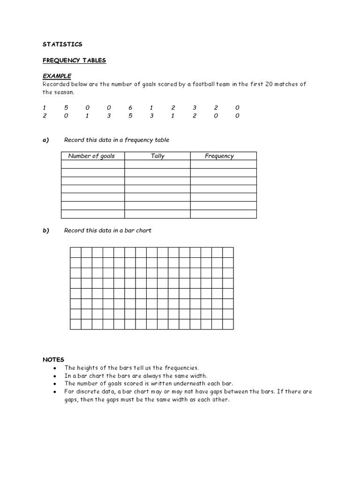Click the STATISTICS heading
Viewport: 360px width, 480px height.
pyautogui.click(x=62, y=44)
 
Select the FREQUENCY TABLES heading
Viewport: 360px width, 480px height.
pyautogui.click(x=75, y=60)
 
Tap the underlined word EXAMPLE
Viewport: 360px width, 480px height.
pyautogui.click(x=57, y=75)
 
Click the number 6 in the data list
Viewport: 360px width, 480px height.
pyautogui.click(x=130, y=107)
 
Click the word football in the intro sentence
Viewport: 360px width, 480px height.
pyautogui.click(x=190, y=84)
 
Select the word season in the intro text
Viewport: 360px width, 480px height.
pyautogui.click(x=64, y=92)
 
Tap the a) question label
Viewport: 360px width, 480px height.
pyautogui.click(x=46, y=140)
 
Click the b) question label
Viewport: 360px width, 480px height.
pyautogui.click(x=46, y=230)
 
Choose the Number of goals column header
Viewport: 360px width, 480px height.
pyautogui.click(x=91, y=156)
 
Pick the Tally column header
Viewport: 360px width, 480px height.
pyautogui.click(x=157, y=156)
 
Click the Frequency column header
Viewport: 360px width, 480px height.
pyautogui.click(x=219, y=156)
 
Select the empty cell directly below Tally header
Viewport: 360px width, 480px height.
pyautogui.click(x=157, y=164)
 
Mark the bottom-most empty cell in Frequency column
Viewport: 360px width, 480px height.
pyautogui.click(x=224, y=214)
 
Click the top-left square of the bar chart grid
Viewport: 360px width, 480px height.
pyautogui.click(x=75, y=252)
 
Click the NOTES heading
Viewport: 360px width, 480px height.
pyautogui.click(x=53, y=360)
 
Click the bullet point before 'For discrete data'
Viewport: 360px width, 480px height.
pyautogui.click(x=55, y=392)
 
